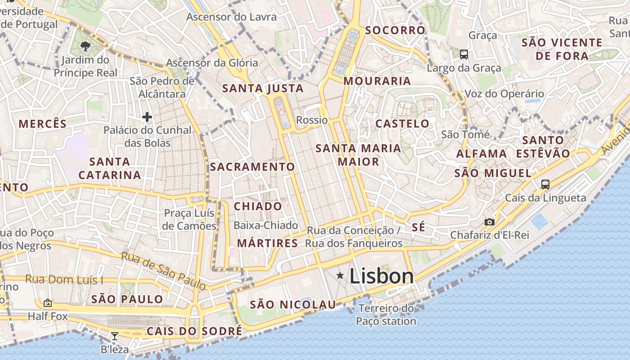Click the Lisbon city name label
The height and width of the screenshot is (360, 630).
382,276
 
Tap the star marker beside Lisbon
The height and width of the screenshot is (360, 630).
340,275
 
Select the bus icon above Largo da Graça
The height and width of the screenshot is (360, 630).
464,54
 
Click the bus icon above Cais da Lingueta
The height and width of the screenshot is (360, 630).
545,184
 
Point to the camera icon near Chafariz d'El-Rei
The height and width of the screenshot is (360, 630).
489,222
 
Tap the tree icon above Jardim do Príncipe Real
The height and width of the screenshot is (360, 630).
85,45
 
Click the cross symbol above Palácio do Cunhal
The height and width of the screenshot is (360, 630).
147,117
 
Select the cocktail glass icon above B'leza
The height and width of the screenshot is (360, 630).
115,336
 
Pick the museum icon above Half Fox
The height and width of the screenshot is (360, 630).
47,303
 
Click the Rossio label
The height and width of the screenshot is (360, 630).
312,120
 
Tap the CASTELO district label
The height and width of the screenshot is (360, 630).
402,123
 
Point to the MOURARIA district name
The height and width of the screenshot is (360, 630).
377,81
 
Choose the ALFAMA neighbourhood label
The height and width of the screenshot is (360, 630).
481,154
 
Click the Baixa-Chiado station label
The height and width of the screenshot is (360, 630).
266,225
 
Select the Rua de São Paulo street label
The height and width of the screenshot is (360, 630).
163,271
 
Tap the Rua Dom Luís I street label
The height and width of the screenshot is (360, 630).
64,279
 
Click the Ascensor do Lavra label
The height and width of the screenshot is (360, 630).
231,17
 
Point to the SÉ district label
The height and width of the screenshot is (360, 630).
418,227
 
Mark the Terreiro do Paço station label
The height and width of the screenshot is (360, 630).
386,315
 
